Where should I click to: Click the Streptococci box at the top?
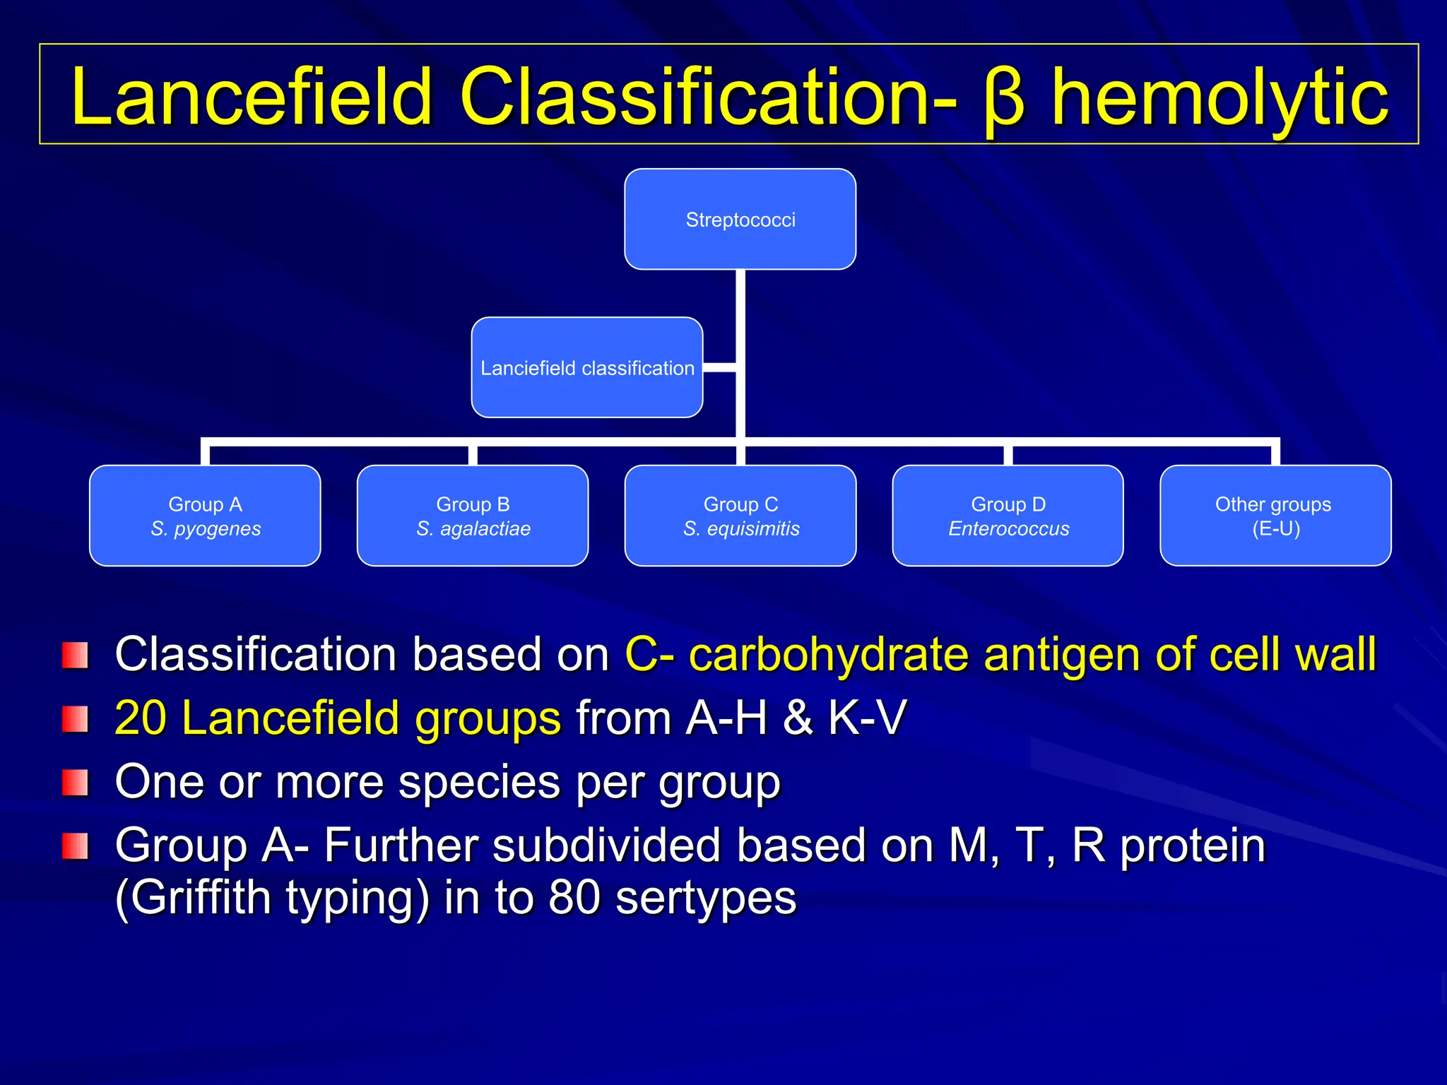(740, 219)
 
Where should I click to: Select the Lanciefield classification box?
(586, 367)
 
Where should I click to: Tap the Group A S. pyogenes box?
(205, 516)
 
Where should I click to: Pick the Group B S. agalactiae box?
(473, 516)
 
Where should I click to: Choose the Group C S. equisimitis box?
(740, 516)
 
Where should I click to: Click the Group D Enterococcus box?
(1008, 516)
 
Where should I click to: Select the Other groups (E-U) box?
(1275, 516)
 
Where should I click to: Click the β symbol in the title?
(1003, 99)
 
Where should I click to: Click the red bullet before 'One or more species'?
(75, 783)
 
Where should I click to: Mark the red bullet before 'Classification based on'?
(75, 655)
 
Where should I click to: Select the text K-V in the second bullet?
(867, 718)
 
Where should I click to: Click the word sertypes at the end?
(706, 898)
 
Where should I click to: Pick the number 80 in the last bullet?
(574, 898)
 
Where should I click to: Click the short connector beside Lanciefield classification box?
(719, 367)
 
